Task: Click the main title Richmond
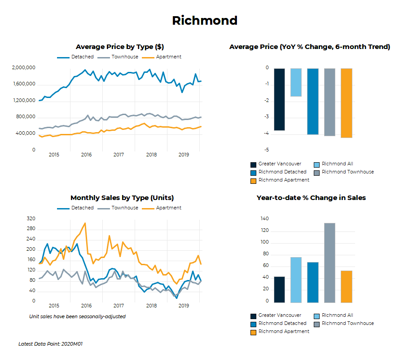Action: pos(205,21)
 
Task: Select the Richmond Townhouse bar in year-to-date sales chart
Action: pos(329,262)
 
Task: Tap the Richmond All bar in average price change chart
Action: pos(296,82)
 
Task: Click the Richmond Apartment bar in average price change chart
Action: pos(347,103)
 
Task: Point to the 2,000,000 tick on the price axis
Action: pos(24,68)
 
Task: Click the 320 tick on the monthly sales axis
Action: pos(31,219)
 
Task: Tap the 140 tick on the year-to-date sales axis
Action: pos(264,219)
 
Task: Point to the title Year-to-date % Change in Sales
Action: pos(311,198)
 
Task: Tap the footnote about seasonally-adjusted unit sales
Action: pos(77,316)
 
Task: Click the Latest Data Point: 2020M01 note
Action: pos(50,344)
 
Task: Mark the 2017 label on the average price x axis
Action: pos(119,155)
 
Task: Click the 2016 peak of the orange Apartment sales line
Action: pos(85,223)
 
